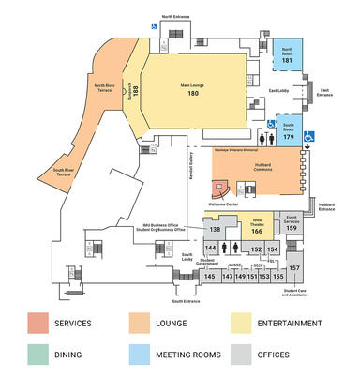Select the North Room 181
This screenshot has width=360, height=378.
pyautogui.click(x=287, y=55)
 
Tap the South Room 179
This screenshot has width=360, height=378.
pyautogui.click(x=287, y=130)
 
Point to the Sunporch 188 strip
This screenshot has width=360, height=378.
pyautogui.click(x=135, y=89)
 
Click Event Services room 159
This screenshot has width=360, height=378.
pyautogui.click(x=292, y=223)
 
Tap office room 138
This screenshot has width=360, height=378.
pyautogui.click(x=214, y=228)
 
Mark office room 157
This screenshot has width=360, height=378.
pyautogui.click(x=293, y=268)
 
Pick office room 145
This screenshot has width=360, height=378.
pyautogui.click(x=210, y=277)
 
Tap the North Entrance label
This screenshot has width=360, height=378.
pyautogui.click(x=180, y=17)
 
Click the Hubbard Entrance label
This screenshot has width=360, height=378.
pyautogui.click(x=326, y=206)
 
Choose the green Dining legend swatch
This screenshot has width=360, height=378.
pyautogui.click(x=39, y=355)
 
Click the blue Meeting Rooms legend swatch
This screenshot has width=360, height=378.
pyautogui.click(x=141, y=355)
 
